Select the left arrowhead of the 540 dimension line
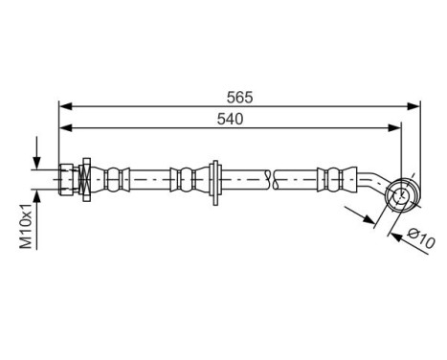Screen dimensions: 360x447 point(64,129)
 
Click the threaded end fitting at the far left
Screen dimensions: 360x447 point(66,178)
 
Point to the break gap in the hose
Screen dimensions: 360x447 point(270,178)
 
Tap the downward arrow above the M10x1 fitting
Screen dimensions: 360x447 point(36,158)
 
